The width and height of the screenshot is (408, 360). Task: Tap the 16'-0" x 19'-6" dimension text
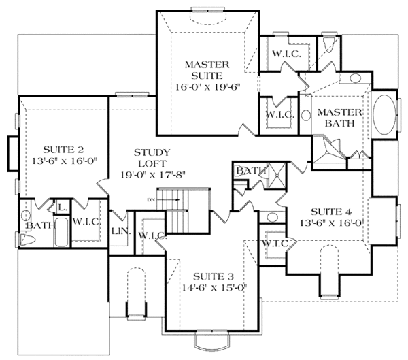click(x=207, y=87)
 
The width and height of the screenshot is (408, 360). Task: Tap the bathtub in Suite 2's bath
click(x=59, y=231)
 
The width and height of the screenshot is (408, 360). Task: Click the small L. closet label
click(x=61, y=207)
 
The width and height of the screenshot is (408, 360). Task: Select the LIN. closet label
click(x=117, y=231)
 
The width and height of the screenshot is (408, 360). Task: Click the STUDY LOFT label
click(x=152, y=157)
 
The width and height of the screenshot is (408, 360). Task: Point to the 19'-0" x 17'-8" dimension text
click(x=154, y=174)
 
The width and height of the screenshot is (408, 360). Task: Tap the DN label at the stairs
click(x=151, y=199)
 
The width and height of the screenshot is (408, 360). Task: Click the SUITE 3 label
click(x=213, y=276)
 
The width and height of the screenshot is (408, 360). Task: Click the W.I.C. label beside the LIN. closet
click(x=150, y=235)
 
